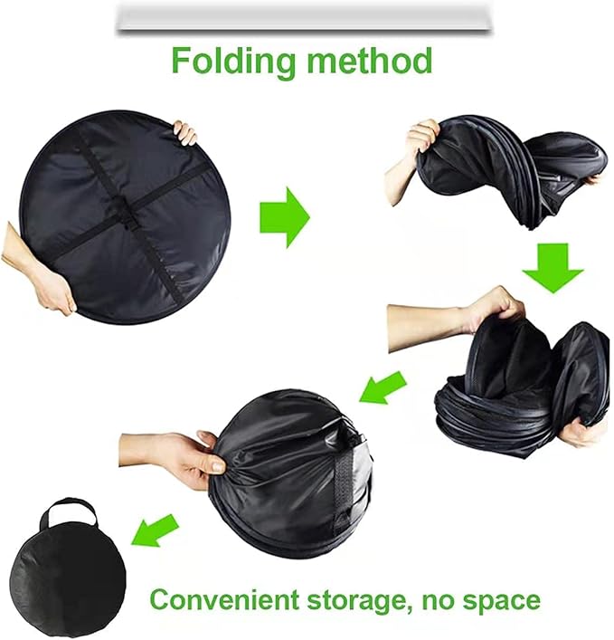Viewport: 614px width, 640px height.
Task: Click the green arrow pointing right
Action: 285,217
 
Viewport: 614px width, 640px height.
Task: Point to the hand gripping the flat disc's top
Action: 185,132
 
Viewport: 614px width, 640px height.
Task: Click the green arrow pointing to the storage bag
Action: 155,530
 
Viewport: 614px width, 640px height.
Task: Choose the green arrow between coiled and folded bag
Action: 383,387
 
